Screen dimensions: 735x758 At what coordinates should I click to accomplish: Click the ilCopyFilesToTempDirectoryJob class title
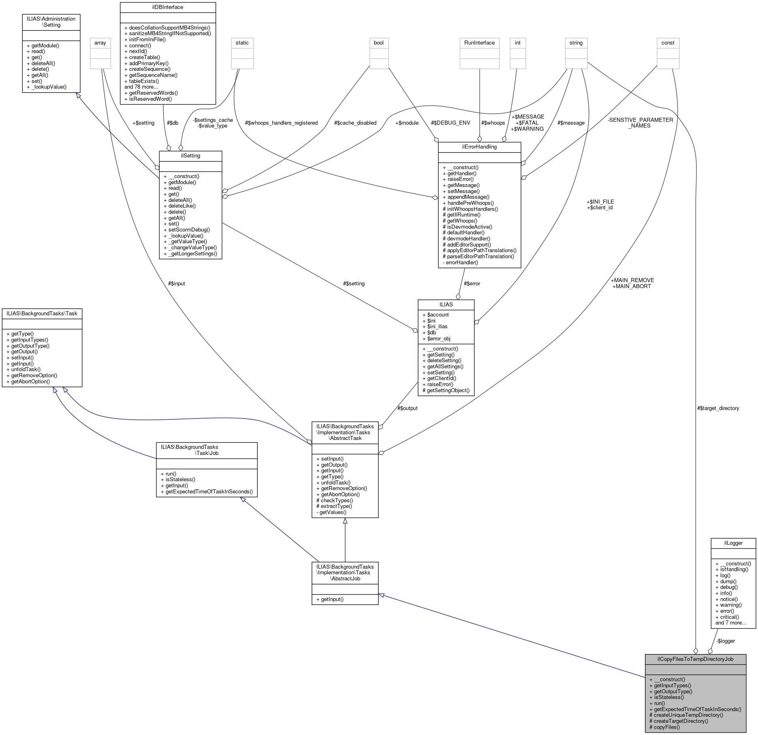point(695,659)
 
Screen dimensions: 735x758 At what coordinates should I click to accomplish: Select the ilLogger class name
point(733,543)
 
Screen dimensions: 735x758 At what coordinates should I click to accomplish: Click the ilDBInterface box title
point(168,7)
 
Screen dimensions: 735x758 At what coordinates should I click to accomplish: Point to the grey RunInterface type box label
point(479,43)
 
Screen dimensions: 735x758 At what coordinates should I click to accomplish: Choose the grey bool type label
point(379,43)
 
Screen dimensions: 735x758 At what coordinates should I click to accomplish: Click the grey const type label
point(668,43)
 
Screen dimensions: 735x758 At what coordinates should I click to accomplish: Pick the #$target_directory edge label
point(718,408)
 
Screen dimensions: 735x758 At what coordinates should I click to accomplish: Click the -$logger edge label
point(725,641)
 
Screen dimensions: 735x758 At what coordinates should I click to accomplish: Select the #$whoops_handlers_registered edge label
point(281,123)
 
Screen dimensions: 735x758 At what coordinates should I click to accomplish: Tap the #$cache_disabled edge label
point(356,123)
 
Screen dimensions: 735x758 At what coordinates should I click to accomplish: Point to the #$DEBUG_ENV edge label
point(451,123)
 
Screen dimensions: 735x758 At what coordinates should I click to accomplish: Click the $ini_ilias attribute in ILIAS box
point(434,327)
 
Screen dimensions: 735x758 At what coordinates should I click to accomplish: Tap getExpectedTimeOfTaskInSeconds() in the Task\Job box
point(206,491)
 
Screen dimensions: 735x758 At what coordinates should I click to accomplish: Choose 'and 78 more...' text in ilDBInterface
point(141,87)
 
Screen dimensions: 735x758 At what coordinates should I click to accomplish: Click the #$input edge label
point(176,283)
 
